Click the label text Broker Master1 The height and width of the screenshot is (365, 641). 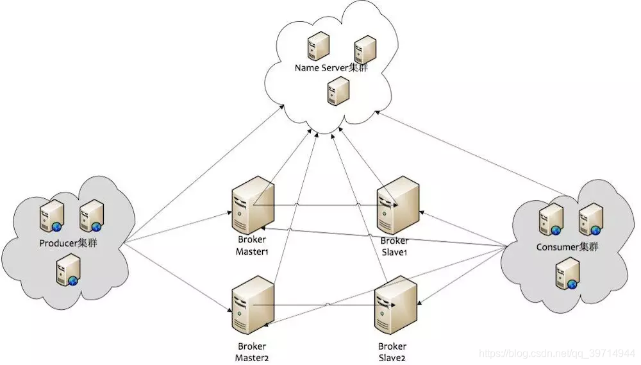[251, 246]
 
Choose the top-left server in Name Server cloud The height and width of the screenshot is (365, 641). [318, 47]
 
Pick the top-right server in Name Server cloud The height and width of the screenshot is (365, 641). [365, 49]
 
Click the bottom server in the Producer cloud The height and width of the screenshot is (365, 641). [69, 269]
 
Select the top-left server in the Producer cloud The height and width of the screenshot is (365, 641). [52, 215]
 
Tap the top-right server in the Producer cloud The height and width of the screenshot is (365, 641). [91, 216]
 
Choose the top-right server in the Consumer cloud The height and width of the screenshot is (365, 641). [590, 220]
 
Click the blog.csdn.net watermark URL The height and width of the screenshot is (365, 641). [558, 353]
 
